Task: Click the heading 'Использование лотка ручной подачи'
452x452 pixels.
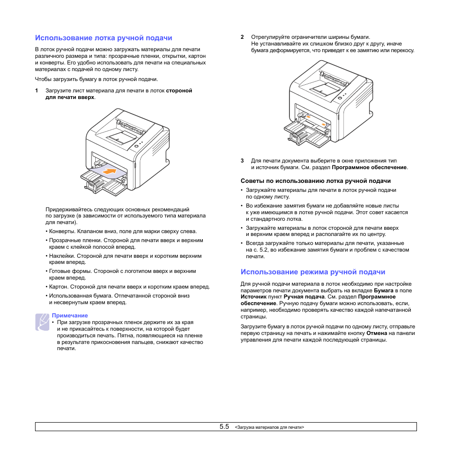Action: point(103,37)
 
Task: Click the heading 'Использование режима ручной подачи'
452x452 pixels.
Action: point(313,272)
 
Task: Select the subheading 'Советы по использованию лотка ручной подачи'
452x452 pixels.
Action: point(316,181)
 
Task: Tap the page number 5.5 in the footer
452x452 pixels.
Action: point(224,426)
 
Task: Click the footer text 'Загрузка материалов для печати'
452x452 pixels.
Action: point(270,427)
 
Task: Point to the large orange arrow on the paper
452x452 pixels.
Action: point(110,171)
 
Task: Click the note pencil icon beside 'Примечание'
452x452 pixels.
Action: point(42,322)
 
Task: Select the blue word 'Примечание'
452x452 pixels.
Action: point(70,316)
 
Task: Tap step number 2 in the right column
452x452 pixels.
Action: point(242,37)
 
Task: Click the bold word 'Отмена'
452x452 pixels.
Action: point(377,333)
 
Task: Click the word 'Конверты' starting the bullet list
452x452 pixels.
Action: point(62,232)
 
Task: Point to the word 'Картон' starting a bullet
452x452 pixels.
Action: point(58,287)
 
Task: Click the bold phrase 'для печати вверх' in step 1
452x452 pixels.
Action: point(70,97)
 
